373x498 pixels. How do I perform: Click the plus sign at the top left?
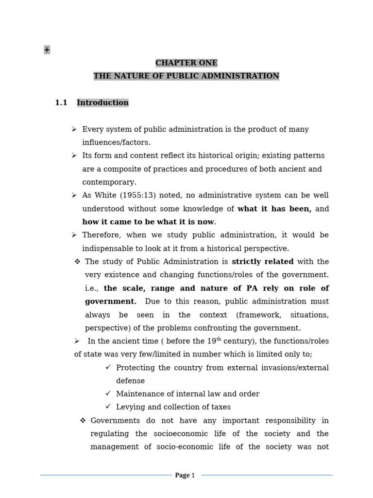coord(47,50)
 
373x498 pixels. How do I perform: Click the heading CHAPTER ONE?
coord(186,63)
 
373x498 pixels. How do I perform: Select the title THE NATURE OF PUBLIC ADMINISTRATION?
coord(186,76)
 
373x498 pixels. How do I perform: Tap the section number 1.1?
coord(61,103)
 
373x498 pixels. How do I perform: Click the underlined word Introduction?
coord(102,103)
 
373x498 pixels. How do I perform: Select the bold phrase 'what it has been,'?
coord(274,209)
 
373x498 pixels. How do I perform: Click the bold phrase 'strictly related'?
coord(263,262)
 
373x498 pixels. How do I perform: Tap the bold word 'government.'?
coord(111,301)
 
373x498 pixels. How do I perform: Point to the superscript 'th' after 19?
coord(212,339)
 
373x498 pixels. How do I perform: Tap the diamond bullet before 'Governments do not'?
coord(83,420)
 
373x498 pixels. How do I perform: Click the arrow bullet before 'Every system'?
coord(74,129)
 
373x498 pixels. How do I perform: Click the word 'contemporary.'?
coord(109,182)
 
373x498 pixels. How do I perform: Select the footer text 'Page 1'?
coord(185,475)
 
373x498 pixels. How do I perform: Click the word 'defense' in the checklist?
coord(130,381)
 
